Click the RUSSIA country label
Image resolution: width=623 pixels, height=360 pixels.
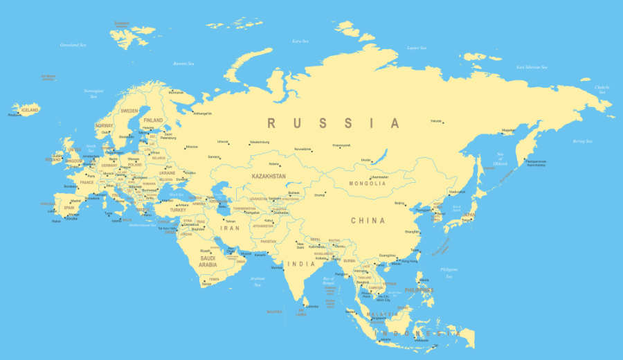point(334,123)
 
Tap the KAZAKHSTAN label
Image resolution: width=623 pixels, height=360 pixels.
point(269,177)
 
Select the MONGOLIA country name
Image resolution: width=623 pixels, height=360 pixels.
point(368,183)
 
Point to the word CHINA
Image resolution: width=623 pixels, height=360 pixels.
point(368,221)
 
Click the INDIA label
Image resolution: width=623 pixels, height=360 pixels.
point(301,264)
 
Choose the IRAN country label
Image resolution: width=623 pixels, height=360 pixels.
point(229,228)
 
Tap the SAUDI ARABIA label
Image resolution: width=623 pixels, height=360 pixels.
point(208,262)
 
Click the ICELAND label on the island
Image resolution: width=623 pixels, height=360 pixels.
point(30,110)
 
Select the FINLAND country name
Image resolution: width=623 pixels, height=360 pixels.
point(153,120)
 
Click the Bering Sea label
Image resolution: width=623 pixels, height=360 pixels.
point(582,141)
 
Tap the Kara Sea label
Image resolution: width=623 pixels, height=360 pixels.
point(300,41)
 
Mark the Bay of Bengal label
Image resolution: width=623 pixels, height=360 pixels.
point(328,280)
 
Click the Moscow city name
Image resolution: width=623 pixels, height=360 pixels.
point(192,147)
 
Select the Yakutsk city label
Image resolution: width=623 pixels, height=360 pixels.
point(436,120)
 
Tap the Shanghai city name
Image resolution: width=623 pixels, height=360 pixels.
point(412,232)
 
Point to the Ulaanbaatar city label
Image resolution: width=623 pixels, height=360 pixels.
point(380,177)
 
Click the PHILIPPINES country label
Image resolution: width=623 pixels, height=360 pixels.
point(419,289)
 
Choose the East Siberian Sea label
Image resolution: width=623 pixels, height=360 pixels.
point(532,67)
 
